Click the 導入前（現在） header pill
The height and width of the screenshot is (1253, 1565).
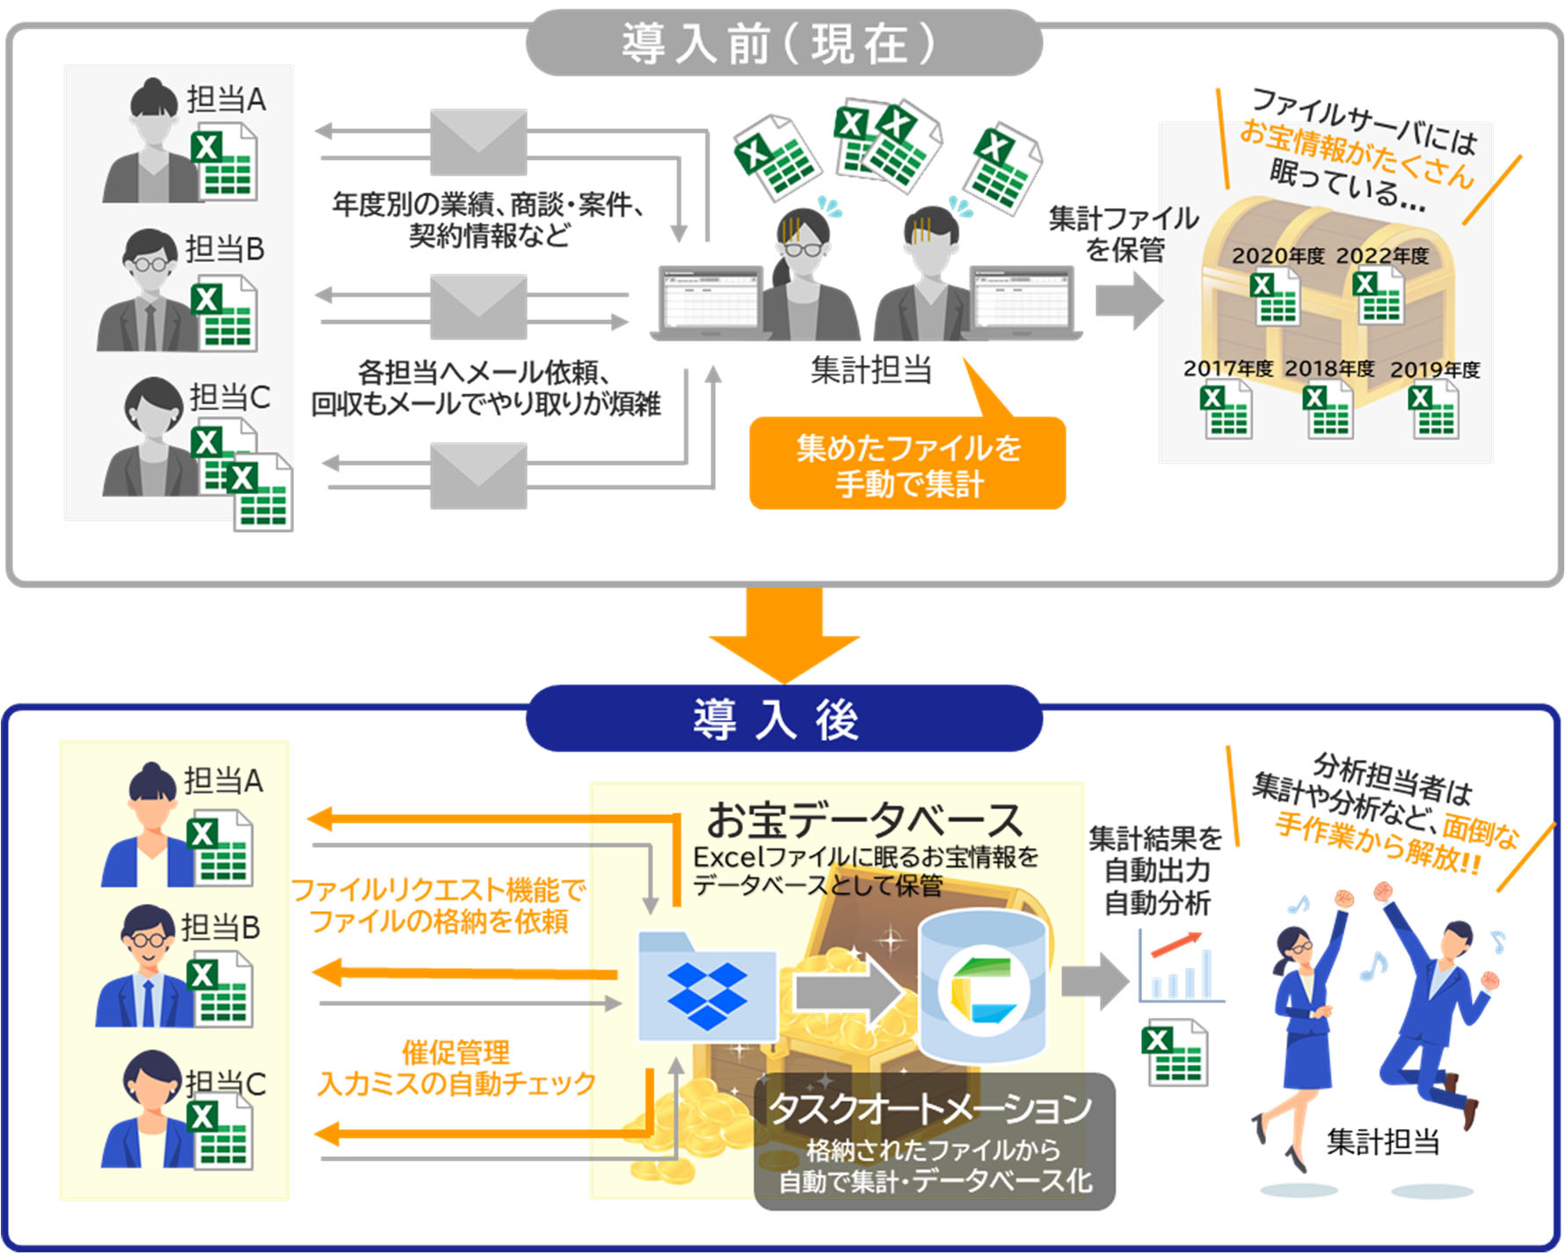783,43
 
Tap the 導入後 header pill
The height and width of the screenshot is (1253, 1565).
783,719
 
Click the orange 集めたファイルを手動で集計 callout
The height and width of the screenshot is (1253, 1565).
906,464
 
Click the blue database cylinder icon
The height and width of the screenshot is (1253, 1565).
982,985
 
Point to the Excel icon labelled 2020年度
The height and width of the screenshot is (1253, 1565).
1274,297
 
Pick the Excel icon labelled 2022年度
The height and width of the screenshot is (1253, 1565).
1378,297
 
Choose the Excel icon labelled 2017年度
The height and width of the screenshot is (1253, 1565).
1225,411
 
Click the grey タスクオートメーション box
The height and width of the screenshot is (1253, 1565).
934,1141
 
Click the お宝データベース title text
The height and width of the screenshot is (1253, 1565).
864,820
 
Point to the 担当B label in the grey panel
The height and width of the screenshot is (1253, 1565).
224,249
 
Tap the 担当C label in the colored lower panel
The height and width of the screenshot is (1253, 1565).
225,1083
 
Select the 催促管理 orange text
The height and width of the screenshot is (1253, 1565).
455,1052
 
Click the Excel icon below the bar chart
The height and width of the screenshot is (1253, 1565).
1174,1053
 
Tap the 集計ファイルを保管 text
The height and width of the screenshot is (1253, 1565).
1124,233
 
